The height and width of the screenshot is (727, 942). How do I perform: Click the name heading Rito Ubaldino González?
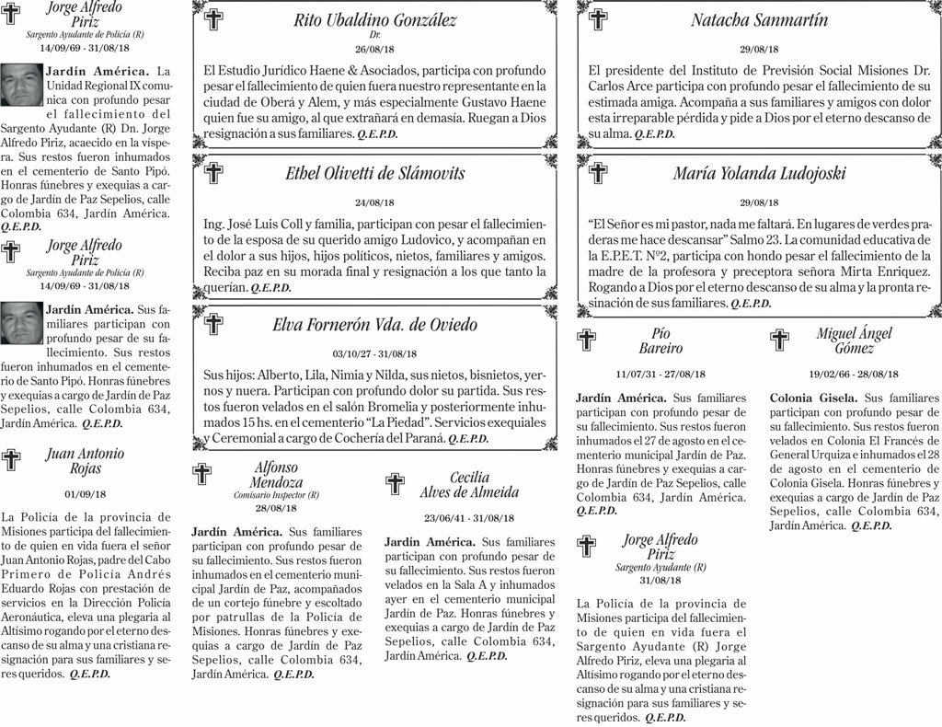[374, 19]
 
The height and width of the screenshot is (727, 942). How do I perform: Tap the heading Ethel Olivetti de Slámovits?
[374, 173]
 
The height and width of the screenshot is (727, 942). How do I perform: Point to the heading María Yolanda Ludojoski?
[759, 173]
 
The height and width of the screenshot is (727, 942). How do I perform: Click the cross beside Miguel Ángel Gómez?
[779, 340]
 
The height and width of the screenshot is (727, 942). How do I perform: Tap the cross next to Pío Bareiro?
[586, 340]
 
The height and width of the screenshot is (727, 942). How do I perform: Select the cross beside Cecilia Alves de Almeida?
[395, 484]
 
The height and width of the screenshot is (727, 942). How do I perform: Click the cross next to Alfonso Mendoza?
[201, 474]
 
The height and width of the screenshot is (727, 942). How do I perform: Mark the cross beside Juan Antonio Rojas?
[11, 460]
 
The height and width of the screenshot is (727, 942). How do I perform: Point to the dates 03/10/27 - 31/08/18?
[374, 354]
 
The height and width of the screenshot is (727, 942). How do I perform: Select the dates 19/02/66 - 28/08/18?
[854, 375]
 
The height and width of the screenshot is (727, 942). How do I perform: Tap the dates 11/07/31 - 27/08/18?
[661, 375]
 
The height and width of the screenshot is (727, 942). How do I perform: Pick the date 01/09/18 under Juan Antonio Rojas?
[85, 494]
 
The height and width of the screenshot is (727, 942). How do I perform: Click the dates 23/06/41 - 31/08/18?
[469, 518]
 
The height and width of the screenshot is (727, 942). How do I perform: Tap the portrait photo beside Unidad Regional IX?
[20, 85]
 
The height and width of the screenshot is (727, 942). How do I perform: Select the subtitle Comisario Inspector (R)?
[276, 495]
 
